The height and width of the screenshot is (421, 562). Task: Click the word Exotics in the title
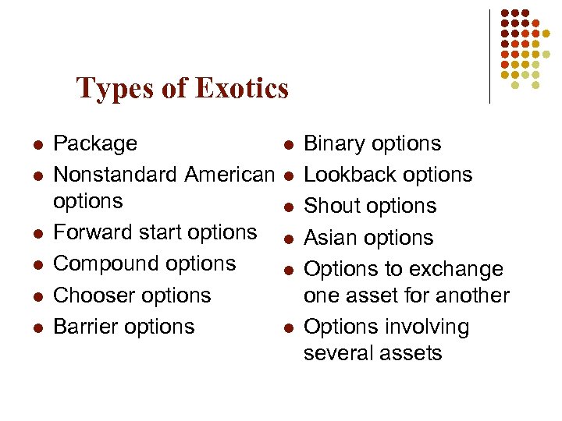click(242, 88)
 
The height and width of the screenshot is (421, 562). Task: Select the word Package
click(94, 144)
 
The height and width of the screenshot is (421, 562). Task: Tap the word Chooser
click(89, 295)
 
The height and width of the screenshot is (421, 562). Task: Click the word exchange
click(460, 269)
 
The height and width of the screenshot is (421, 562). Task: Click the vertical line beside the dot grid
click(489, 56)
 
